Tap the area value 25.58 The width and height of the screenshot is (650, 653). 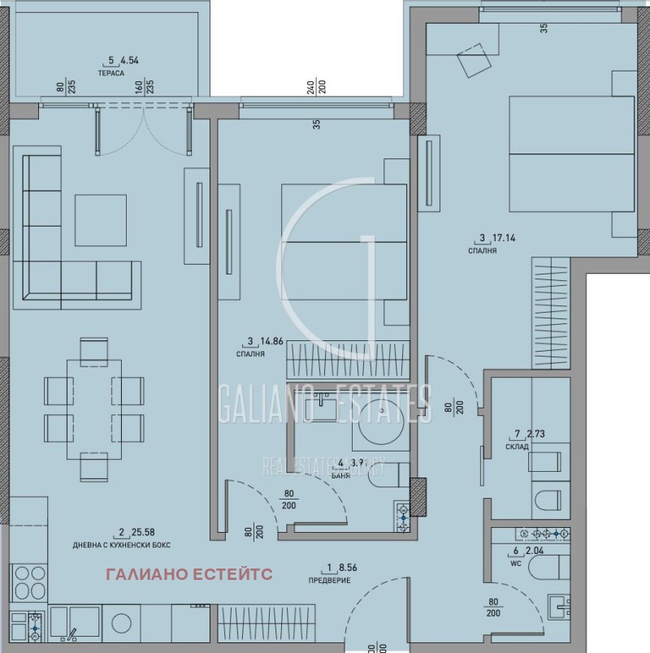pos(138,533)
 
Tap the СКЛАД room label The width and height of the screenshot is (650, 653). pos(517,447)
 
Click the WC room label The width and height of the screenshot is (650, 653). pos(513,560)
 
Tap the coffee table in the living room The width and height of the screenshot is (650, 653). pos(101,220)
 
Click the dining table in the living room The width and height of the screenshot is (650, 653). pos(93,410)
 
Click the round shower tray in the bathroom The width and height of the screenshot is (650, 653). pos(381,421)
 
